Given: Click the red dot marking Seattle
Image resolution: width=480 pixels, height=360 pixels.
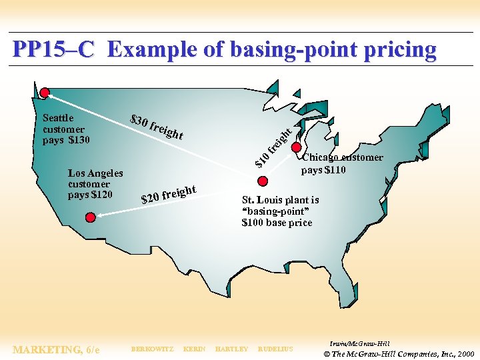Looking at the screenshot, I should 45,93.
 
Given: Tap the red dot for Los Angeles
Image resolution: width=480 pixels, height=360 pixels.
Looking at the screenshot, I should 90,217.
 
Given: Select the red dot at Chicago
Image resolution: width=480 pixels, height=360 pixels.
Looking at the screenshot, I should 297,148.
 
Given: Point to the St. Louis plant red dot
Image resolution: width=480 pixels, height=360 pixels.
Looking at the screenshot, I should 263,181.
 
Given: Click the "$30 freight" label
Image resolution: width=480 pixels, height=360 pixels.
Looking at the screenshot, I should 157,126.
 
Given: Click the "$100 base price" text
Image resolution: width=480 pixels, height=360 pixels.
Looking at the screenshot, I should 277,223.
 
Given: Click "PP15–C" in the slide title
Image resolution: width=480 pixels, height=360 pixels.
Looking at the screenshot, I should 54,49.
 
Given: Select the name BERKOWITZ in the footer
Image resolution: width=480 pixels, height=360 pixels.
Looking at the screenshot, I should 152,349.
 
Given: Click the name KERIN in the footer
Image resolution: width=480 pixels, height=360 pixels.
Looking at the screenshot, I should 194,349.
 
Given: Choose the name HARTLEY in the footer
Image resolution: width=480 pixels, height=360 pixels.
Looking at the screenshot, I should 231,349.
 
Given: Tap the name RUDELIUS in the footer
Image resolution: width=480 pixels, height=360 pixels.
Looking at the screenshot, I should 275,349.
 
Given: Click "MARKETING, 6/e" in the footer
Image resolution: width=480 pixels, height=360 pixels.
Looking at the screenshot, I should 56,349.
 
